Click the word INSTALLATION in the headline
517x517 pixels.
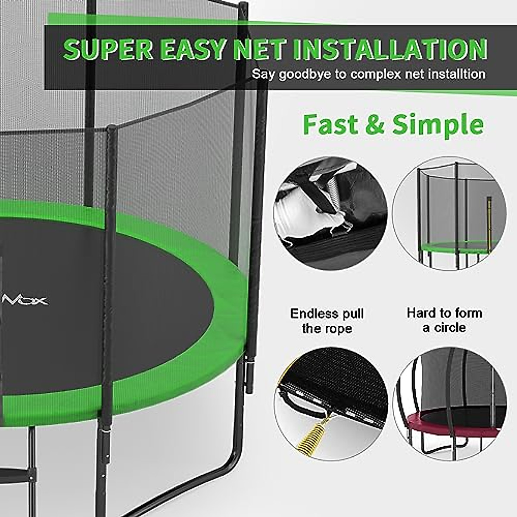390,50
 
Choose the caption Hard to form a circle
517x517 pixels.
444,320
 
